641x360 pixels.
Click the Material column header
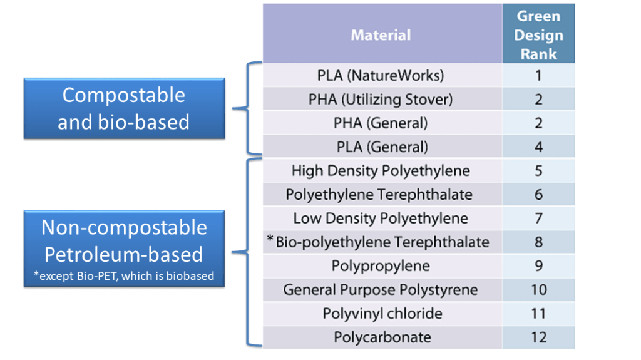coord(381,35)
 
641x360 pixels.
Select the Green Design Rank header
coord(538,35)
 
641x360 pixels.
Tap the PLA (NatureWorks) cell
coord(381,76)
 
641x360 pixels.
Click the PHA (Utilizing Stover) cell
coord(381,100)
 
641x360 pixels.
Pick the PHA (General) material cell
coord(381,123)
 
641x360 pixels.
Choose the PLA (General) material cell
coord(381,147)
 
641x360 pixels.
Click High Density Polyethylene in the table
coord(381,171)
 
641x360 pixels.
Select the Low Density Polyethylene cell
coord(381,219)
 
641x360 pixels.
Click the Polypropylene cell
coord(381,266)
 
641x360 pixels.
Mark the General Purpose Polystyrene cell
coord(381,290)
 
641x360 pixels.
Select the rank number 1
coord(538,76)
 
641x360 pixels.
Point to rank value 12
coord(538,337)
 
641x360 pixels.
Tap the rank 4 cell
coord(538,147)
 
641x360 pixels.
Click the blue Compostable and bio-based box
coord(124,108)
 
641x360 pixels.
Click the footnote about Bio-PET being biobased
coord(124,276)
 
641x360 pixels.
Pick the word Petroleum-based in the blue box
coord(124,254)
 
